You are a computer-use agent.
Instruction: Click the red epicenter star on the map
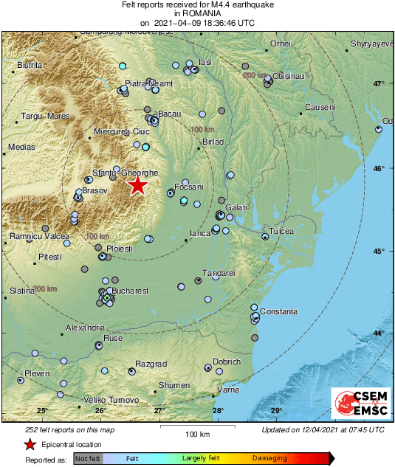pyautogui.click(x=138, y=185)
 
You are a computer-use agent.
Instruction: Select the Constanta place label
pyautogui.click(x=278, y=311)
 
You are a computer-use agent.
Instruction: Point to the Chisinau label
pyautogui.click(x=289, y=76)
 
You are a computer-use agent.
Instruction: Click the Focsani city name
pyautogui.click(x=188, y=187)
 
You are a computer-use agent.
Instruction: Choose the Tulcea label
pyautogui.click(x=281, y=232)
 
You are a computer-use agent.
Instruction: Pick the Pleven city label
pyautogui.click(x=37, y=374)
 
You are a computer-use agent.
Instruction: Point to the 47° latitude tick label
pyautogui.click(x=379, y=84)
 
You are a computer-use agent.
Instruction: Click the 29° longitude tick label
pyautogui.click(x=275, y=411)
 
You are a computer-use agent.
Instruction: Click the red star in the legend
pyautogui.click(x=30, y=445)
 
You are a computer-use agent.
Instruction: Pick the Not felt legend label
pyautogui.click(x=88, y=459)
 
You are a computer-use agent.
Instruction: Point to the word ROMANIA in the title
pyautogui.click(x=197, y=13)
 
